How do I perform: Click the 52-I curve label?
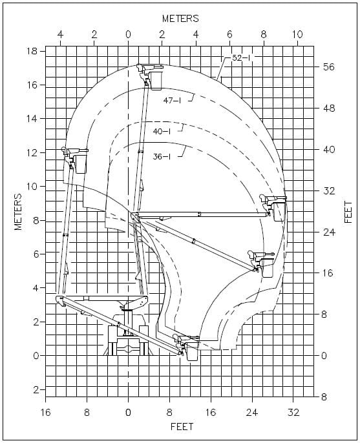coord(241,58)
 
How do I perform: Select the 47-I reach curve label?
coord(172,100)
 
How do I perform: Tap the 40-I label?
coord(162,131)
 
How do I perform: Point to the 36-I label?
coord(162,156)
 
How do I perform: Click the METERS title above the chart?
coord(180,19)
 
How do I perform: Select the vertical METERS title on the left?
coord(18,212)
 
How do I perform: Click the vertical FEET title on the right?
coord(348,212)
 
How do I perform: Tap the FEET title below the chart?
coord(182,427)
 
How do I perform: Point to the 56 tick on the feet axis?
coord(328,67)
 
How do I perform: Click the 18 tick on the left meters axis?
coord(32,51)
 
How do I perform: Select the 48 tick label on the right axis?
coord(328,108)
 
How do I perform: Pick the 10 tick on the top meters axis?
coord(297,35)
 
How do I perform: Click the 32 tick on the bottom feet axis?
coord(293,413)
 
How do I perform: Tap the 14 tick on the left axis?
coord(32,118)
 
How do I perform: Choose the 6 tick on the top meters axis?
coord(229,35)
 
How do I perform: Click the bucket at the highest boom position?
coord(156,81)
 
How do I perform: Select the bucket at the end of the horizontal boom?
coord(279,212)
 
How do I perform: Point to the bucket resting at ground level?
coord(193,351)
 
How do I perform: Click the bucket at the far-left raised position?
coord(81,164)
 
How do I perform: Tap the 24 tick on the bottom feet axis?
coord(251,413)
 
